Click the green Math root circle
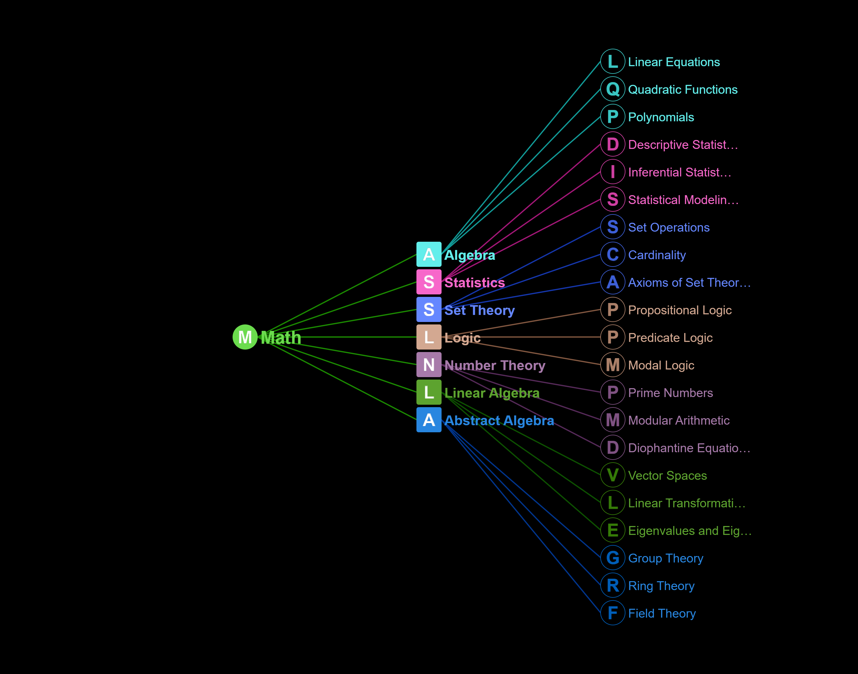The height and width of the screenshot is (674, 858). coord(245,337)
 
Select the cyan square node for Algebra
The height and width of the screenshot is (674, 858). coord(429,255)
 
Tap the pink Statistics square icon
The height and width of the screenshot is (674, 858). coord(429,282)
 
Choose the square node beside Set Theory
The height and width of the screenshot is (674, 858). coord(429,310)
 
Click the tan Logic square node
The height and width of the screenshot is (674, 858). coord(429,337)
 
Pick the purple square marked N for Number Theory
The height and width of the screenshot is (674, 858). coord(429,365)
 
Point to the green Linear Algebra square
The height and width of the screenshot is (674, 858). coord(429,392)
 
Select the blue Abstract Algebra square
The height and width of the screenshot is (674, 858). coord(429,420)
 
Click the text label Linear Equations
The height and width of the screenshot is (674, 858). coord(674,62)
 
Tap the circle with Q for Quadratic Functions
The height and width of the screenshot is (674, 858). coord(613,89)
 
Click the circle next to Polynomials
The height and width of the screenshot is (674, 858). coord(613,116)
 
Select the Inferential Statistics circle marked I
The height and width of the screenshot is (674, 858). coord(613,172)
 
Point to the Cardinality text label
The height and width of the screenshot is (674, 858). coord(657,255)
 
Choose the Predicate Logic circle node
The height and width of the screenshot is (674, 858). coord(613,337)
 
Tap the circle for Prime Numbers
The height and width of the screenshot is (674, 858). coord(613,392)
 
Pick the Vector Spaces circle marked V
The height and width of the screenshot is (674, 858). coord(613,475)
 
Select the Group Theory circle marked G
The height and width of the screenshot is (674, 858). coord(613,558)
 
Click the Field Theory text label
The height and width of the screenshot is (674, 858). coord(662,613)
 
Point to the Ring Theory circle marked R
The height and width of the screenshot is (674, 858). coord(613,585)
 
